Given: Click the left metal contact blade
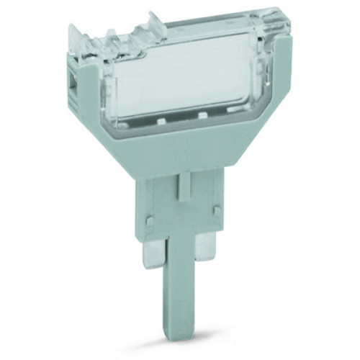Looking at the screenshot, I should [x=152, y=254].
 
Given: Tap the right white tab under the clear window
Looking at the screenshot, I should [x=203, y=115].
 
